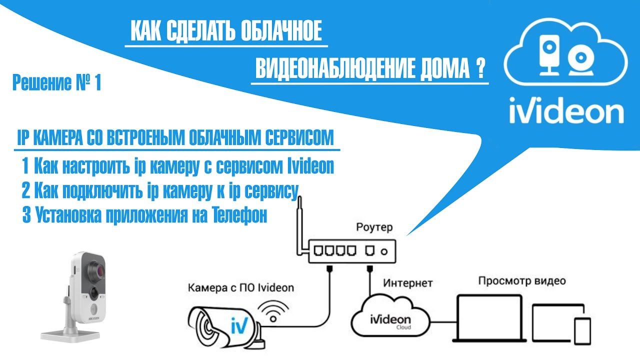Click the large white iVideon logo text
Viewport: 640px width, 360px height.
[566, 110]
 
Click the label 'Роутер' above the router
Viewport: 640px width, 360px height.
[374, 227]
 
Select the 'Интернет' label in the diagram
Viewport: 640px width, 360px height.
[408, 283]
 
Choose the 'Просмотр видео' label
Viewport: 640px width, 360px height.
[522, 280]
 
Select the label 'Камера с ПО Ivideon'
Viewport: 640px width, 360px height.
[241, 288]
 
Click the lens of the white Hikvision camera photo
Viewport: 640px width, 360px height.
[95, 272]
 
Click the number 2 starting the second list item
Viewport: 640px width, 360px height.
[26, 191]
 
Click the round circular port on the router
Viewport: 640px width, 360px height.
[384, 250]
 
